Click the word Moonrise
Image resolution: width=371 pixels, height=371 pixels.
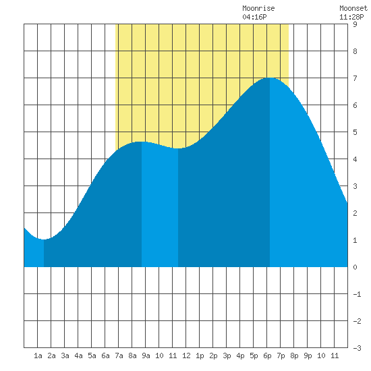[258, 9]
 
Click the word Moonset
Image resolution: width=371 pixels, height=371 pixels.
[353, 9]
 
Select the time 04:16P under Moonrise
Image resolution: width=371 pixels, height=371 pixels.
[254, 17]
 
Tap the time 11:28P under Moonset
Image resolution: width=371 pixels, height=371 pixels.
[351, 17]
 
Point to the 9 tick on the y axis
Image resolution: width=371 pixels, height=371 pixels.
[355, 24]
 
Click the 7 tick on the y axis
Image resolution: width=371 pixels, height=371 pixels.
[355, 78]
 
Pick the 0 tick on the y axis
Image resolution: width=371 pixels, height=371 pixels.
[355, 267]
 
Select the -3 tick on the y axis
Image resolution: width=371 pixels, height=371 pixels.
[357, 348]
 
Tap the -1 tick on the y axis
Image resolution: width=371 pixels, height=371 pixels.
[357, 294]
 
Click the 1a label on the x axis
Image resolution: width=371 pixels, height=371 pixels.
[38, 355]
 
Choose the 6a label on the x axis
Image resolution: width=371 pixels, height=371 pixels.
[105, 355]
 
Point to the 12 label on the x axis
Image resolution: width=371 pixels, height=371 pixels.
[186, 355]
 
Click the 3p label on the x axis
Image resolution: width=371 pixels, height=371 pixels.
[227, 355]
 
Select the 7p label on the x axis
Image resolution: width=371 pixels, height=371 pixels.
[281, 355]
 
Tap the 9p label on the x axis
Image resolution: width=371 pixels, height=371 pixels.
[308, 355]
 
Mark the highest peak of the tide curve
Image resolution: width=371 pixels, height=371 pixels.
[270, 78]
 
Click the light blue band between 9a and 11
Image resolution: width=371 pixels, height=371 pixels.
[160, 206]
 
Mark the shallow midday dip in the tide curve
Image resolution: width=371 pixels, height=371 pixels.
[178, 148]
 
